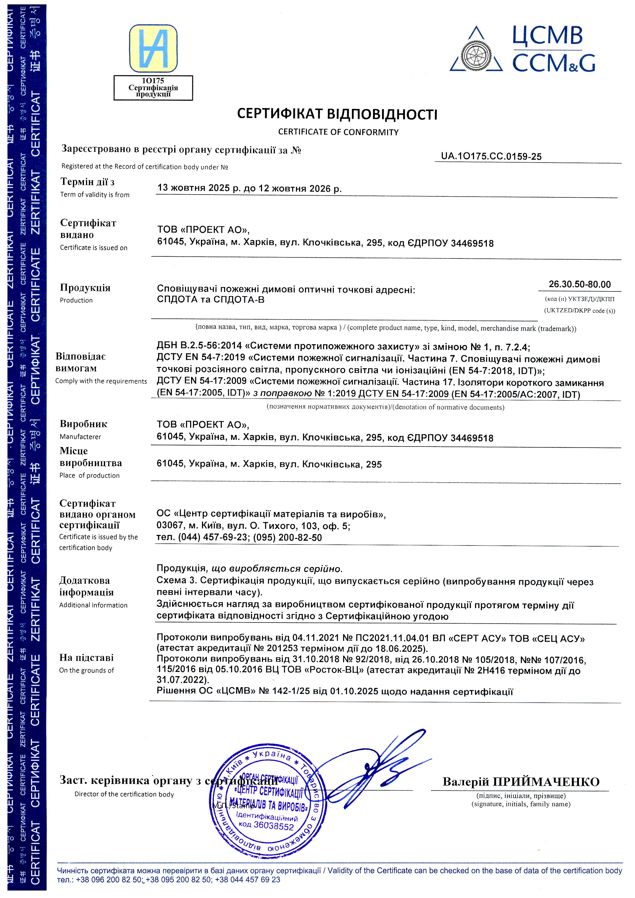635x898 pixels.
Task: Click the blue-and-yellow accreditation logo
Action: pyautogui.click(x=153, y=48)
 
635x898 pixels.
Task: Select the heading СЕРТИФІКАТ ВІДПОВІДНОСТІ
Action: pyautogui.click(x=337, y=114)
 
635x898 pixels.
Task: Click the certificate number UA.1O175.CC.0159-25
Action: pyautogui.click(x=491, y=156)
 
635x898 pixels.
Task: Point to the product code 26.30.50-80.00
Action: pyautogui.click(x=579, y=284)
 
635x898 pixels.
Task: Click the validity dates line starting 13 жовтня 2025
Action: pyautogui.click(x=249, y=188)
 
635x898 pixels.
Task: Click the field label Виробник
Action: pyautogui.click(x=83, y=424)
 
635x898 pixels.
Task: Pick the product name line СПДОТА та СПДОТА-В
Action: pyautogui.click(x=210, y=300)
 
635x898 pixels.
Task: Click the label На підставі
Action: pyautogui.click(x=86, y=658)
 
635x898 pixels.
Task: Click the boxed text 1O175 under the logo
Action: pyautogui.click(x=153, y=81)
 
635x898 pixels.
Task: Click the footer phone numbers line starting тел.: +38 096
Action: pyautogui.click(x=168, y=880)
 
